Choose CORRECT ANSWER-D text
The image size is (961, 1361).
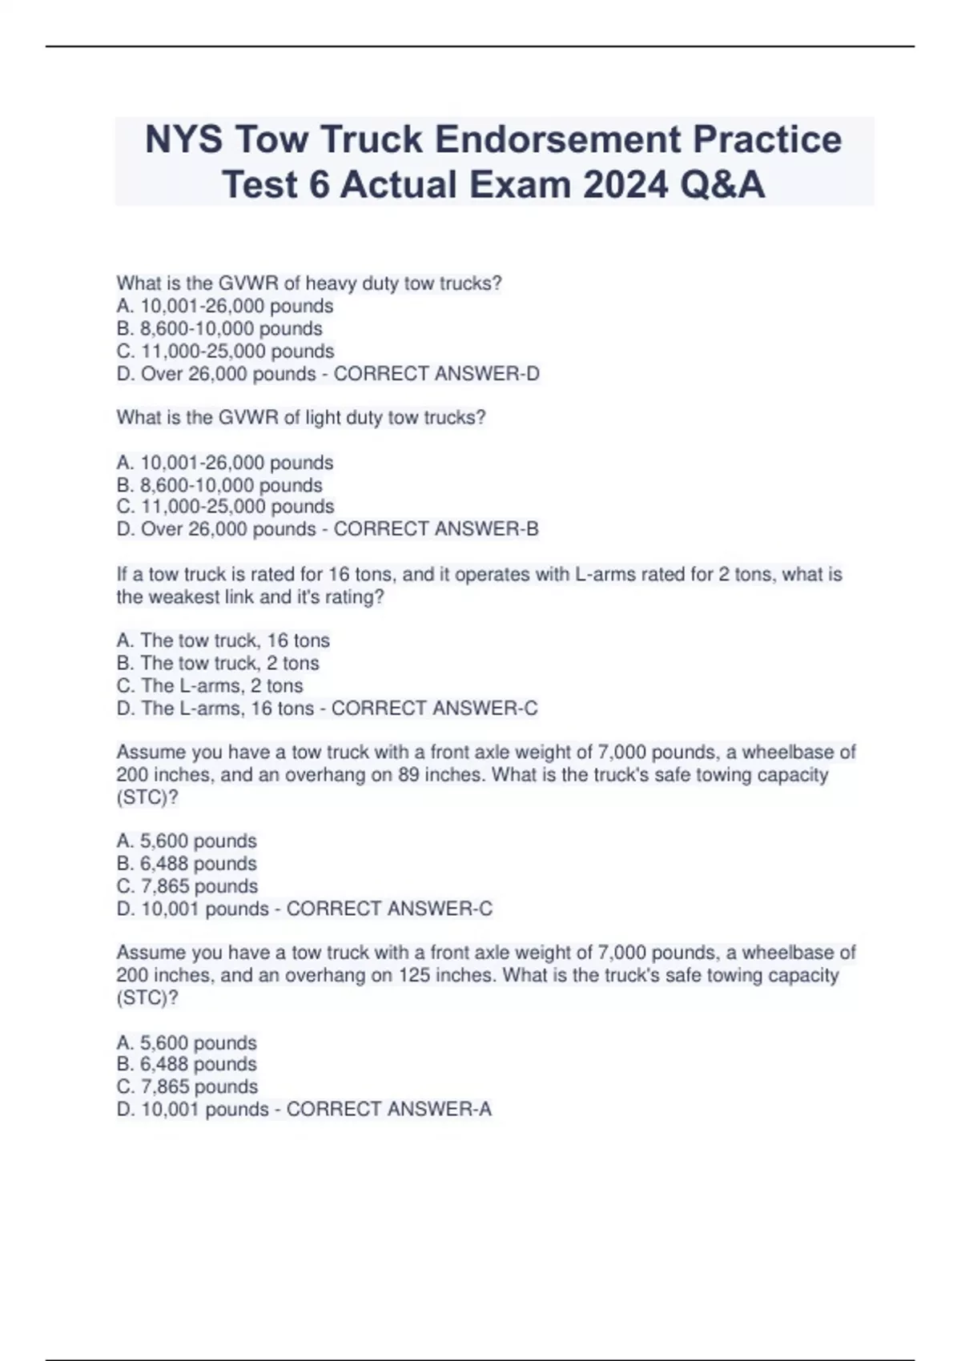[x=436, y=374]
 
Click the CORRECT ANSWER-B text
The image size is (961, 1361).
[x=436, y=529]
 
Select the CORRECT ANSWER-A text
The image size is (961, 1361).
[x=389, y=1110]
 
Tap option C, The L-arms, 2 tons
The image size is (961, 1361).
[x=210, y=686]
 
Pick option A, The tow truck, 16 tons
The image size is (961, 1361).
[x=223, y=640]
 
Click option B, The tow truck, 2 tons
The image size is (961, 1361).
[x=218, y=664]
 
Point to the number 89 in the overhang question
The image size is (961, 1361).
[x=408, y=775]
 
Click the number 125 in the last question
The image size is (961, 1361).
[x=414, y=976]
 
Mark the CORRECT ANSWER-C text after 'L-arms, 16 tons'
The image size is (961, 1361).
[x=434, y=709]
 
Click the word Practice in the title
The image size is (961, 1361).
[x=767, y=139]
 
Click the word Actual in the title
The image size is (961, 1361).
[x=399, y=185]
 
